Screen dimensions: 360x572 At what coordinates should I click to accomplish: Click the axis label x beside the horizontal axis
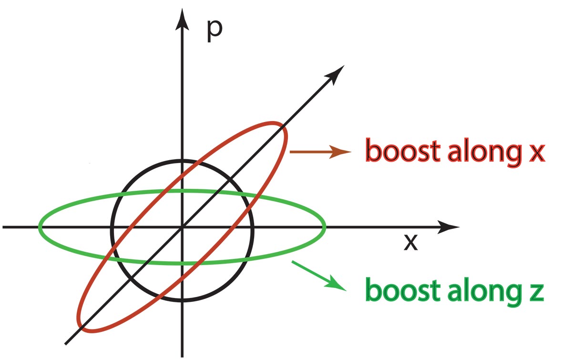coord(410,243)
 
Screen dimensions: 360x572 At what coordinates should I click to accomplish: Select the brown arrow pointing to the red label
coord(320,152)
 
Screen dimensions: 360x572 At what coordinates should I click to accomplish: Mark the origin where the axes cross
coord(182,227)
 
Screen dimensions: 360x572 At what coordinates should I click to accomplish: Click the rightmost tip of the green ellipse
coord(325,227)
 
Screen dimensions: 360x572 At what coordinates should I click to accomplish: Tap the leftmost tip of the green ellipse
coord(40,227)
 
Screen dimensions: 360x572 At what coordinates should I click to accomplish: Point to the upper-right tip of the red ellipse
coord(284,126)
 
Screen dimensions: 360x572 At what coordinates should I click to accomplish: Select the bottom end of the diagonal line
coord(66,343)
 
